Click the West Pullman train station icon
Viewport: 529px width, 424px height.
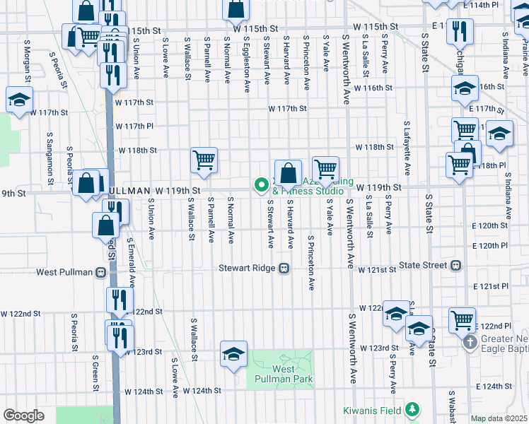point(101,272)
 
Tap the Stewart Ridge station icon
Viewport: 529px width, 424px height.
point(284,269)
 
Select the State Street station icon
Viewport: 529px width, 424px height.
point(455,266)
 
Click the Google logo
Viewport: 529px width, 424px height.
point(23,416)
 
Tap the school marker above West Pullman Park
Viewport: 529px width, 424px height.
point(233,354)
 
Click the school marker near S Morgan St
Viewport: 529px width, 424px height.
point(19,100)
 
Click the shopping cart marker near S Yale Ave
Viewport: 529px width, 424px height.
point(325,169)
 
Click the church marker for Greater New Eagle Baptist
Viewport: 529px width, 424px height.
point(470,343)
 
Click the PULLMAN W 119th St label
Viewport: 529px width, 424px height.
point(151,191)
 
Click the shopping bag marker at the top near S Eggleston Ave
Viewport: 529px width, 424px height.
point(236,8)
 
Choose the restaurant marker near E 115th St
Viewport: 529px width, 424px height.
point(460,30)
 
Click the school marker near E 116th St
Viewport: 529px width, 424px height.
point(465,88)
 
